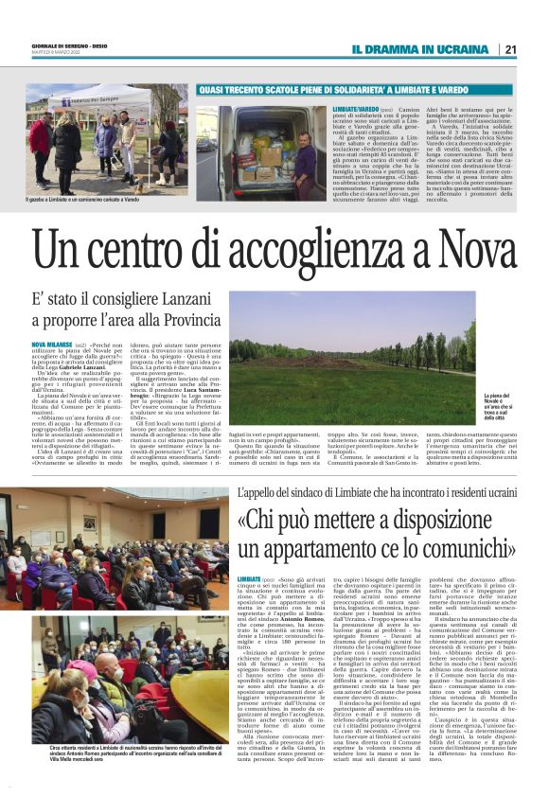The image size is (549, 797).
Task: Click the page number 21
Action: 509,49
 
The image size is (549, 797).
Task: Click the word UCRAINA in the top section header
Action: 459,49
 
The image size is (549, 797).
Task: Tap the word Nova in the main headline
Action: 470,253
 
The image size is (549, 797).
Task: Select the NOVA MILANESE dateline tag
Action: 51,345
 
